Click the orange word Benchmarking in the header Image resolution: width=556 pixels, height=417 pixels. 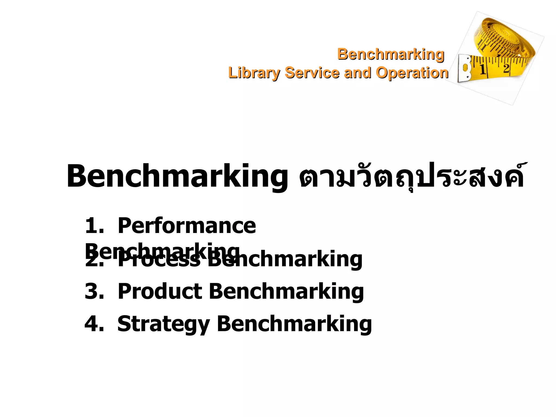[x=391, y=54]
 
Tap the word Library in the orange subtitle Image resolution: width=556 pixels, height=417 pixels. [x=254, y=73]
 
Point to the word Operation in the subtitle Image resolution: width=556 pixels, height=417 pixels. [x=412, y=73]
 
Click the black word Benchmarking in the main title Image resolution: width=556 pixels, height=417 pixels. [x=177, y=176]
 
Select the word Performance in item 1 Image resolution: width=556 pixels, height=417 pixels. [x=187, y=226]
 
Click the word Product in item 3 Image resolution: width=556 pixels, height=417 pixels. [x=160, y=291]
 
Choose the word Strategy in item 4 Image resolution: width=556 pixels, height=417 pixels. [x=163, y=324]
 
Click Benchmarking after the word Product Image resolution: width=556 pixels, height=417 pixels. [x=286, y=291]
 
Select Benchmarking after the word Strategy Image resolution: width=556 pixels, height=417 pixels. [x=294, y=324]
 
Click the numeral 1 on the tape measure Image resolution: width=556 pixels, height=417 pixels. [x=483, y=69]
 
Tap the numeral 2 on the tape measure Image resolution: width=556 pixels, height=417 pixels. [x=506, y=68]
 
